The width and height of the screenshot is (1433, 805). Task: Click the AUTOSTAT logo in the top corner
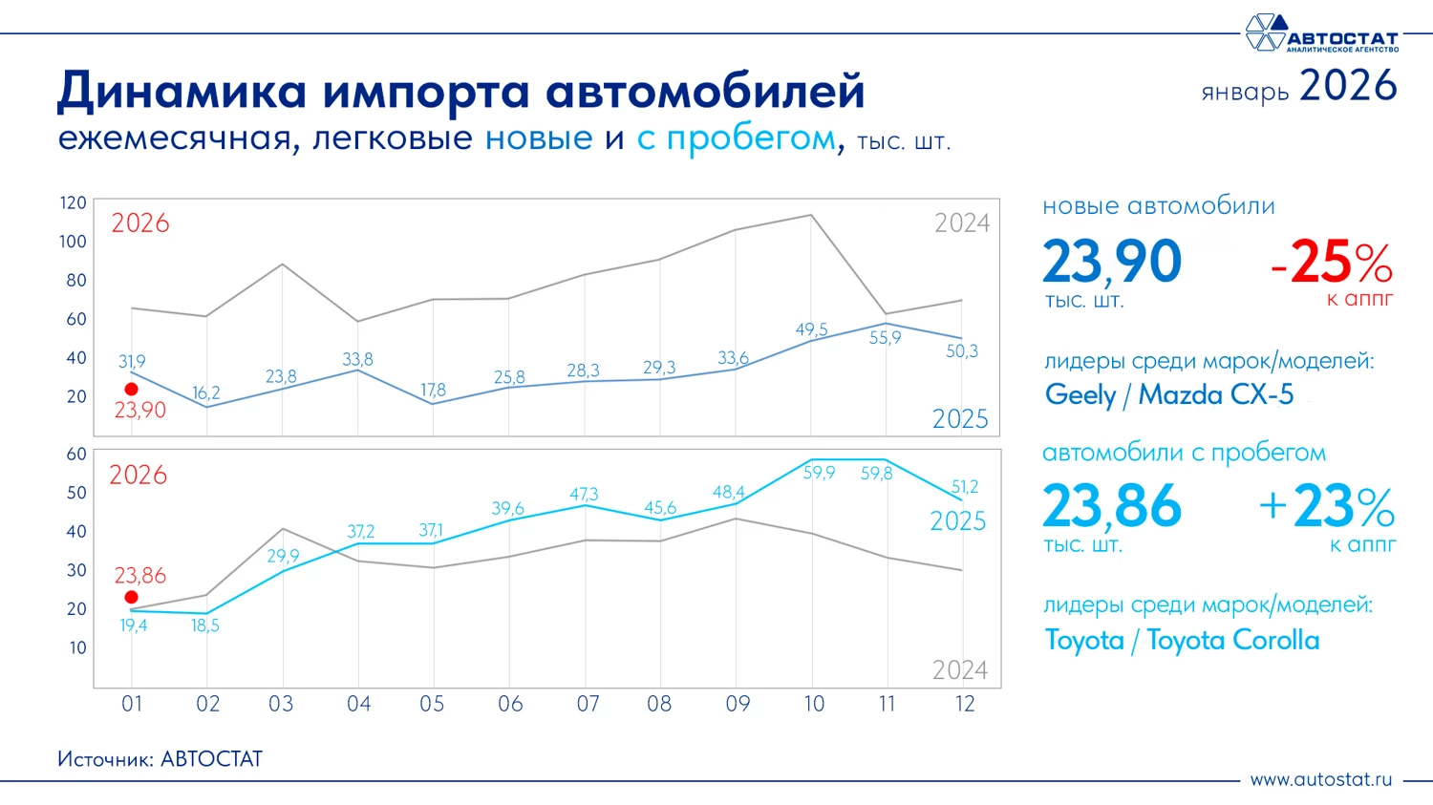pos(1321,33)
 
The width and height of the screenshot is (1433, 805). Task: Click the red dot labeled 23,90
pos(131,390)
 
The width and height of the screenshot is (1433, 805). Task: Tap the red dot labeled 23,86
pos(131,598)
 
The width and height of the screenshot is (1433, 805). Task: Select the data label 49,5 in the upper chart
pos(811,329)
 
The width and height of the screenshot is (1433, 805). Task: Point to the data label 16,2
pos(205,393)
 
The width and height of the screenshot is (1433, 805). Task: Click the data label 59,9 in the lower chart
pos(819,473)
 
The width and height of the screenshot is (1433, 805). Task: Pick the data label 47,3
pos(584,494)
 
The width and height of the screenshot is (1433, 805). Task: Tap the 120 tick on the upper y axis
pos(73,203)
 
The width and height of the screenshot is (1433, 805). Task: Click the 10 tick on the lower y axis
pos(77,647)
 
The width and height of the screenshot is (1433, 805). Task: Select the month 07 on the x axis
pos(588,705)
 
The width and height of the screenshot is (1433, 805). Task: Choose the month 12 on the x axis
pos(965,705)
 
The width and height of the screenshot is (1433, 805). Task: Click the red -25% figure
pos(1332,263)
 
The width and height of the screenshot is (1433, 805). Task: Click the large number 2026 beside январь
pos(1348,86)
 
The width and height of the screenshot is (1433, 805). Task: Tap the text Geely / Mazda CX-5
pos(1169,394)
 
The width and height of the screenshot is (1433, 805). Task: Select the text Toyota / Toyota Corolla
pos(1182,640)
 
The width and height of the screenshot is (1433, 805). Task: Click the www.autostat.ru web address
pos(1320,779)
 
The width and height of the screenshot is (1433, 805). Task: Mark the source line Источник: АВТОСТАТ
pos(160,759)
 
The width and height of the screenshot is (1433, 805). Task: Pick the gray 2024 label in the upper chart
pos(961,223)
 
